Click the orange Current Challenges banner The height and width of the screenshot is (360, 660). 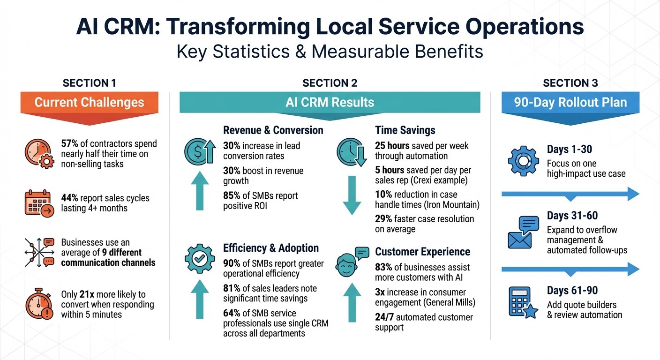89,103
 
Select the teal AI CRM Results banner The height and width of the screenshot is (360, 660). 330,102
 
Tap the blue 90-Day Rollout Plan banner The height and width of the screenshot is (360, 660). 570,103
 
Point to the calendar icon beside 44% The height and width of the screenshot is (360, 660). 37,203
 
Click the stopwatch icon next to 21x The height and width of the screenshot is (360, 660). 37,302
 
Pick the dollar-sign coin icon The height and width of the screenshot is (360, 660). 199,151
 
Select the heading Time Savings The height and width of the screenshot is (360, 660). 405,130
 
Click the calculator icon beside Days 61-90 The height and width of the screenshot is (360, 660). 523,302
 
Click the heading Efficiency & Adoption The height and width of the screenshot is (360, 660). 270,248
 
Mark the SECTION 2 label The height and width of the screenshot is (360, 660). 330,83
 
